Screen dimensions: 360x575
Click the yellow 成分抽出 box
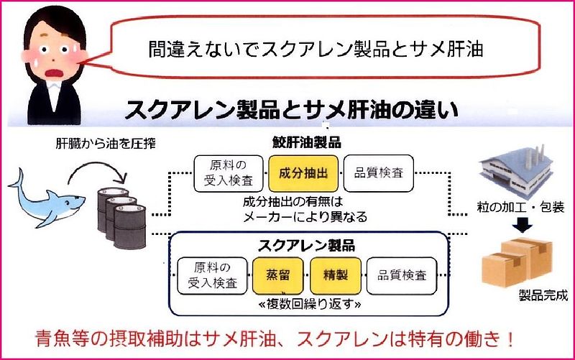coord(303,173)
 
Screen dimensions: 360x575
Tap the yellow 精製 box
coord(334,276)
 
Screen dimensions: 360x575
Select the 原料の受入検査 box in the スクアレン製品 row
coord(211,276)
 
